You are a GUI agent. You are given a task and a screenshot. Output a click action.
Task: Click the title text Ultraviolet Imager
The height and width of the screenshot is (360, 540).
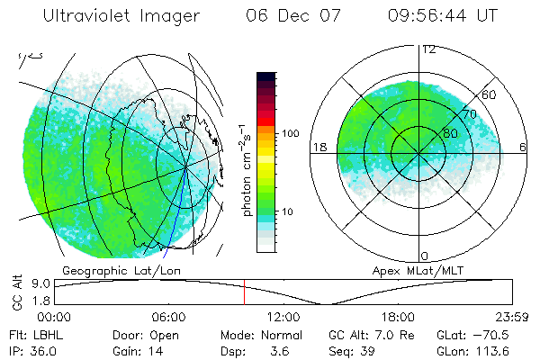(114, 17)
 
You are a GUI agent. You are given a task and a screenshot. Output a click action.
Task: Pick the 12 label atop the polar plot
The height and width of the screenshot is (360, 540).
(428, 49)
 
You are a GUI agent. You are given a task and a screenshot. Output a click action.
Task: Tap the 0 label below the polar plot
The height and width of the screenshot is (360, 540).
(427, 256)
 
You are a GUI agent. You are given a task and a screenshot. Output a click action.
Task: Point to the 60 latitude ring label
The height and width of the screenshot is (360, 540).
(490, 94)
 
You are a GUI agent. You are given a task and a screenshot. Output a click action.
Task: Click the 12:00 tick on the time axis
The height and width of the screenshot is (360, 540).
(283, 317)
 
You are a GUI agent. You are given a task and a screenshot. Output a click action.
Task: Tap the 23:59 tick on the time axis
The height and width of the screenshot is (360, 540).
(499, 317)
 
